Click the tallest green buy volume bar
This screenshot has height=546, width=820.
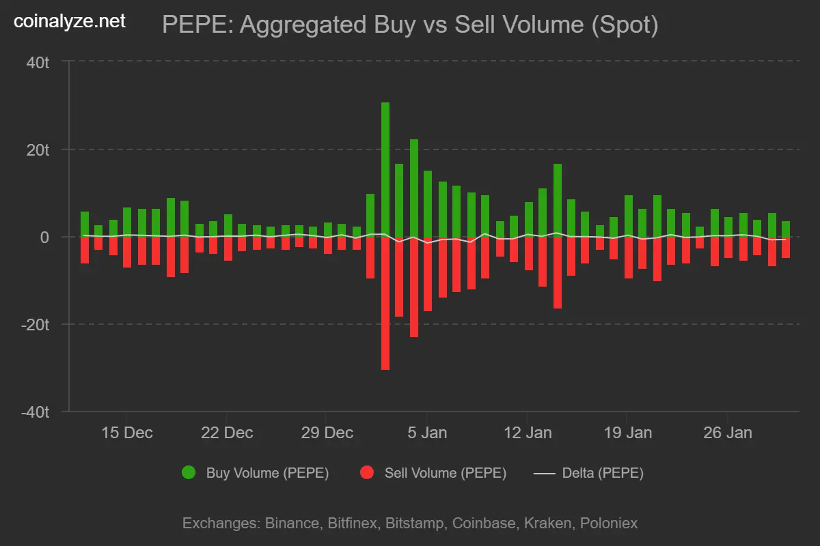click(385, 171)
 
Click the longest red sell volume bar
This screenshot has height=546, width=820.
click(385, 304)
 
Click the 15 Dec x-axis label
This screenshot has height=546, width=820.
click(128, 433)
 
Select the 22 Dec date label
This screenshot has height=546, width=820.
click(228, 433)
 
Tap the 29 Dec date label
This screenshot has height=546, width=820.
click(328, 433)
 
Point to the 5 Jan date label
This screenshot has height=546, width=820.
click(428, 433)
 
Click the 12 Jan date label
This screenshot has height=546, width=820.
click(528, 433)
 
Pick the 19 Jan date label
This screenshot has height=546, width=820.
click(627, 433)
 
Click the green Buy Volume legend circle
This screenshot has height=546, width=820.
click(189, 472)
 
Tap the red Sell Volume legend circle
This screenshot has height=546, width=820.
click(367, 472)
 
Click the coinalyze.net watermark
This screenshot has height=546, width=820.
click(70, 22)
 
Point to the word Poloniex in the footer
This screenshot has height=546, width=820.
click(609, 523)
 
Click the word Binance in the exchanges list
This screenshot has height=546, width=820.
click(290, 523)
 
